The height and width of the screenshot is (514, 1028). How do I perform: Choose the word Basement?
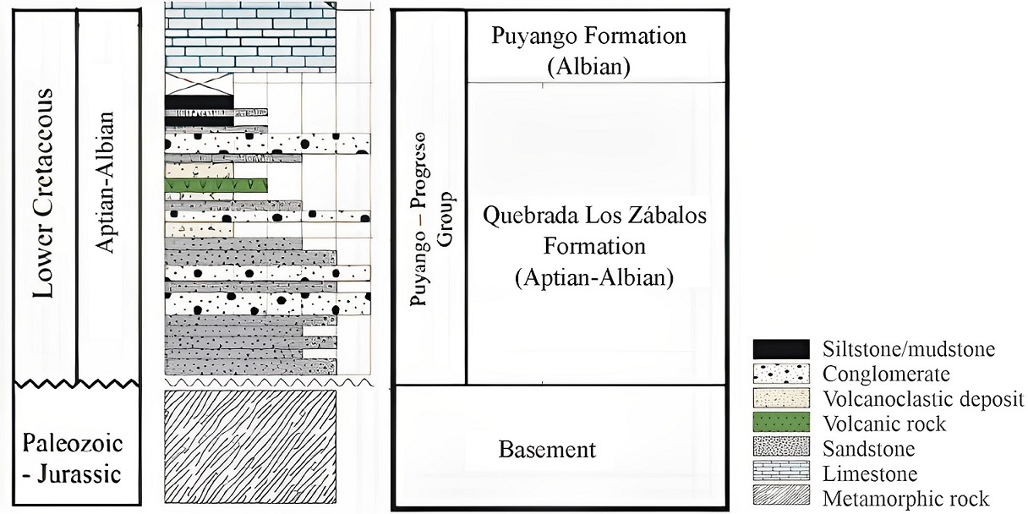pyautogui.click(x=546, y=449)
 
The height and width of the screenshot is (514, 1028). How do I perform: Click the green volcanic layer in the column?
pyautogui.click(x=216, y=184)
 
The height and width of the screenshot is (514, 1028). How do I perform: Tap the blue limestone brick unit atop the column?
pyautogui.click(x=250, y=38)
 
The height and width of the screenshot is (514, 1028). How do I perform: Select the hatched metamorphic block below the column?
pyautogui.click(x=250, y=448)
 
